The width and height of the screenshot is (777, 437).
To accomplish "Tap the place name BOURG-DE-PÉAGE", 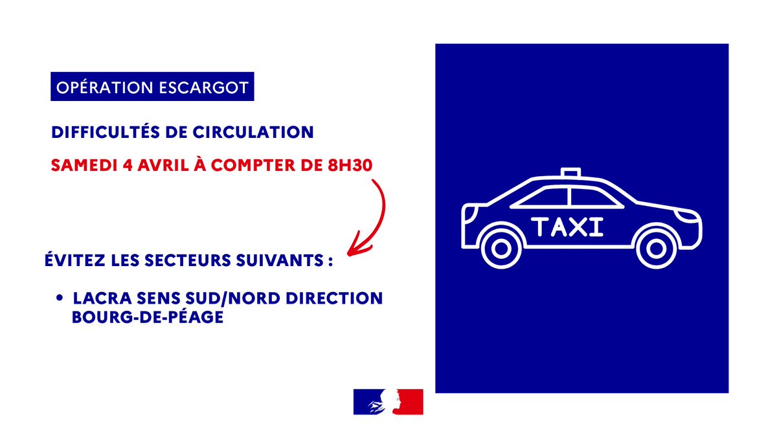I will click(148, 317).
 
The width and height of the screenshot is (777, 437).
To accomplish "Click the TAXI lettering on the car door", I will click(567, 227).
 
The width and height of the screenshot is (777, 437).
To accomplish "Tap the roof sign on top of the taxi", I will click(570, 172).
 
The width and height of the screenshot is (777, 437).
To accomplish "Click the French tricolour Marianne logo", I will click(388, 402).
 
